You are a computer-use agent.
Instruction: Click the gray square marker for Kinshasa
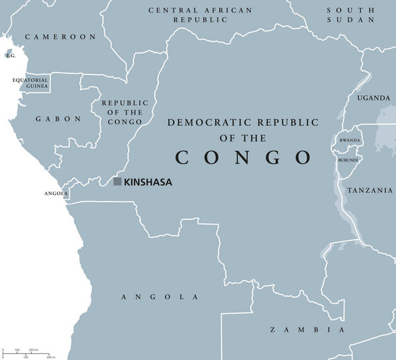click(x=117, y=181)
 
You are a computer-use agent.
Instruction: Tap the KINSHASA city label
click(x=148, y=182)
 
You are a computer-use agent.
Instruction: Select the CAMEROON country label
click(x=60, y=37)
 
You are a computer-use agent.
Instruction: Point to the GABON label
click(x=59, y=119)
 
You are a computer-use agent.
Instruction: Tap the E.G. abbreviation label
click(x=10, y=56)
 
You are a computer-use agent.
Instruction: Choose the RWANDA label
click(x=350, y=141)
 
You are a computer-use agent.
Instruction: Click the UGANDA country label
click(x=374, y=98)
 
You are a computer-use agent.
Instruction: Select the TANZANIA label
click(x=370, y=190)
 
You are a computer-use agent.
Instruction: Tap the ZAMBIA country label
click(x=308, y=329)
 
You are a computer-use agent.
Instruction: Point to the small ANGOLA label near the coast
click(x=56, y=194)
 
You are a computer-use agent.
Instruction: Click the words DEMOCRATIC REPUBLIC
click(x=244, y=122)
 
